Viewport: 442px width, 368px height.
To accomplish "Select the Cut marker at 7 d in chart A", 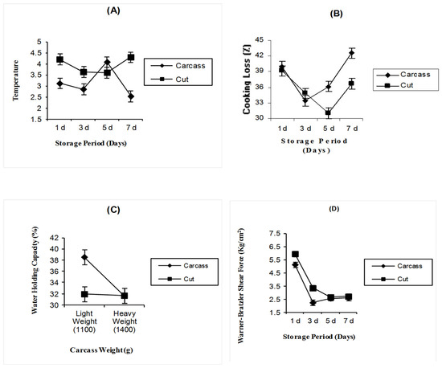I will click(131, 58).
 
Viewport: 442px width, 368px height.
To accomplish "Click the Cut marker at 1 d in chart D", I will click(296, 255).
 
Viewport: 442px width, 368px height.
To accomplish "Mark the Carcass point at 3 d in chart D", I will click(313, 303).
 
